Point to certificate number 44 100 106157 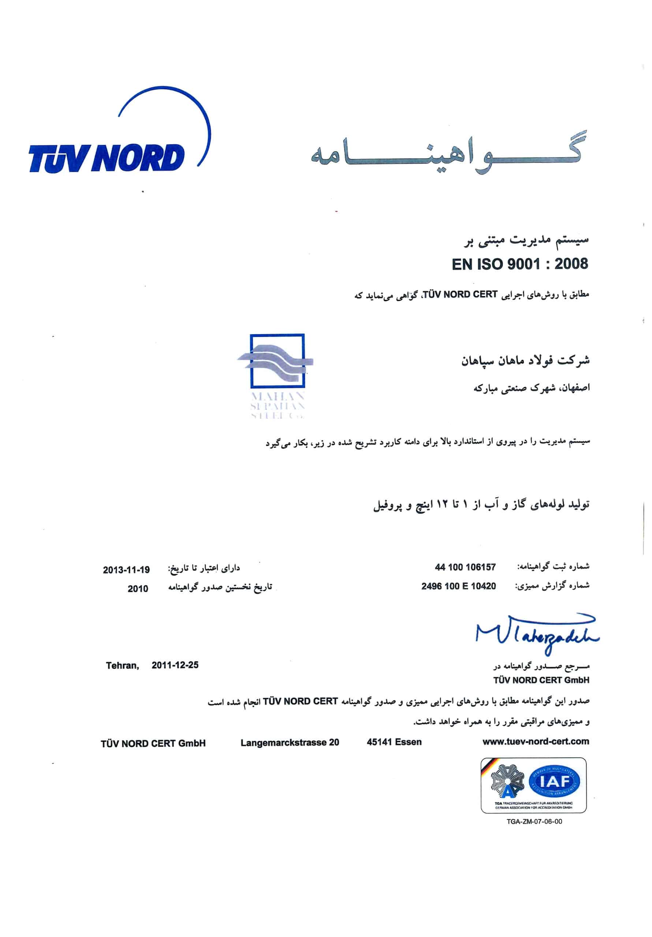(x=465, y=567)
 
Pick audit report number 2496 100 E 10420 (x=458, y=586)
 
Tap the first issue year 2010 (x=138, y=589)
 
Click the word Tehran (x=122, y=666)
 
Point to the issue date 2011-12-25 (x=175, y=665)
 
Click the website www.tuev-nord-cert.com (x=535, y=742)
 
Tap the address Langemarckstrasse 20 (x=290, y=743)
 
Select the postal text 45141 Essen (x=394, y=742)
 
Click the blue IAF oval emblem (x=554, y=782)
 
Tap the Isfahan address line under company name (x=531, y=388)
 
